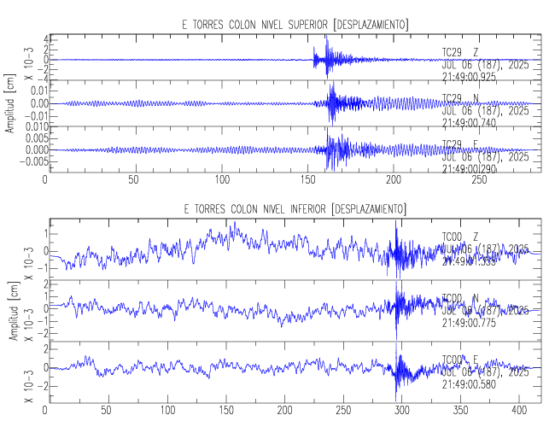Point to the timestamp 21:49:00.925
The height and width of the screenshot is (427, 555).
[x=469, y=77]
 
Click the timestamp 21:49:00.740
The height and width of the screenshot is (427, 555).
[x=469, y=122]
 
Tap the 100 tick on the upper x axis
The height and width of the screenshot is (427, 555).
[x=220, y=180]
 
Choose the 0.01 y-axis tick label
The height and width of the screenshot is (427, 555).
[x=28, y=91]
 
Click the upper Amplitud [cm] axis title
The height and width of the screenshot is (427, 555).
[x=9, y=105]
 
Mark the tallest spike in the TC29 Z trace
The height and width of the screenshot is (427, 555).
[x=327, y=38]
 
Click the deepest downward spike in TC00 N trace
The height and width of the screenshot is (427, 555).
[x=396, y=336]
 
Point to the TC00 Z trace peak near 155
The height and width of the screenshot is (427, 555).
[x=233, y=224]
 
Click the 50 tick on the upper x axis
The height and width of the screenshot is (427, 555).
[x=133, y=180]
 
